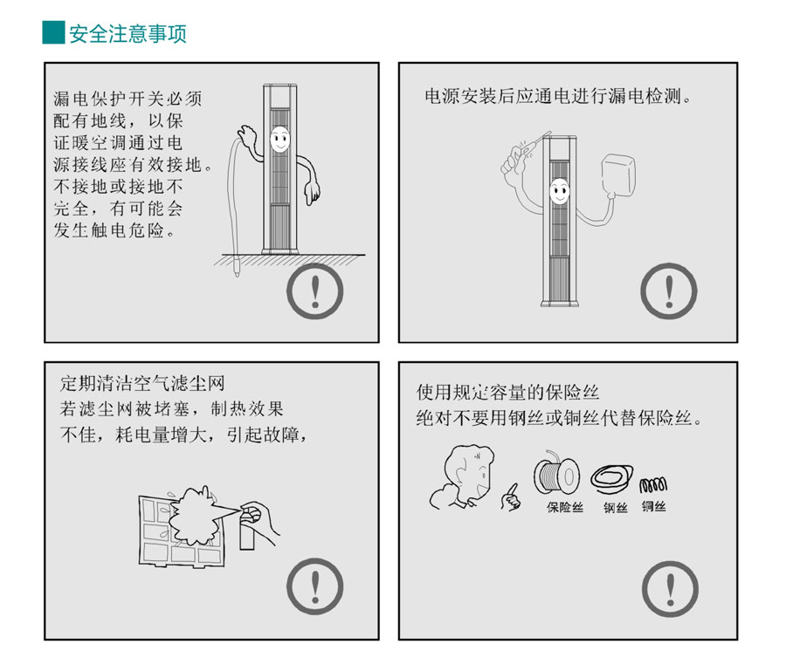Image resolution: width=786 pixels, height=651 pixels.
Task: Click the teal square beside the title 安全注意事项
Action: pyautogui.click(x=53, y=33)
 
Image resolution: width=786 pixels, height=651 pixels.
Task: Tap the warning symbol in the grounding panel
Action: pyautogui.click(x=315, y=291)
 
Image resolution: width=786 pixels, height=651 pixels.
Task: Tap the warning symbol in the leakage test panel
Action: pyautogui.click(x=669, y=291)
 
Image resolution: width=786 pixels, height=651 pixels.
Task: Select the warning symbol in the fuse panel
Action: pyautogui.click(x=669, y=586)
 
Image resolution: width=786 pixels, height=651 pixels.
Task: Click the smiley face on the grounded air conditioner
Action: pyautogui.click(x=279, y=138)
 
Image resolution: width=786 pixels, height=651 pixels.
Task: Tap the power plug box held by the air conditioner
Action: pyautogui.click(x=622, y=175)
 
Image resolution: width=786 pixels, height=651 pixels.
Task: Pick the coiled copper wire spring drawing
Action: pyautogui.click(x=653, y=483)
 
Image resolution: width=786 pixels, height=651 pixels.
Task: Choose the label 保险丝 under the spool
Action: pyautogui.click(x=565, y=506)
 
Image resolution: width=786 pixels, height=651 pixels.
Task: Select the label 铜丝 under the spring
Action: pyautogui.click(x=653, y=505)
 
